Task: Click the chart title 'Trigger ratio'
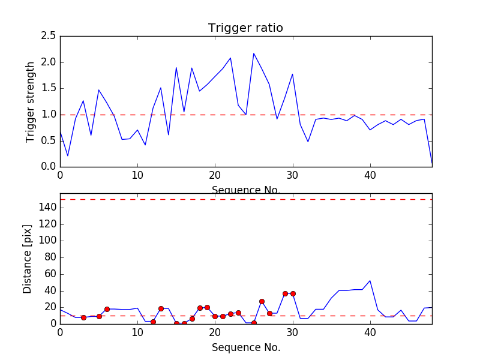(245, 28)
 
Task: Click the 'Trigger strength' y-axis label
(31, 101)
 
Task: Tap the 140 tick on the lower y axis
(46, 208)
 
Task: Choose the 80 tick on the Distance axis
(49, 257)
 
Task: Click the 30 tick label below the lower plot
(293, 333)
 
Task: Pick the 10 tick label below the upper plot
(137, 176)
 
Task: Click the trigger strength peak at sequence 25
(254, 53)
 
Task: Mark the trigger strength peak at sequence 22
(230, 58)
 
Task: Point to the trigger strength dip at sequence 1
(68, 156)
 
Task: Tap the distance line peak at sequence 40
(370, 280)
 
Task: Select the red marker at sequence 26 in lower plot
(262, 301)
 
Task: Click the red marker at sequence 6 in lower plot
(107, 309)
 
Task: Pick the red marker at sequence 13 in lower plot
(161, 308)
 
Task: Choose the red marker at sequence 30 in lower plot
(293, 293)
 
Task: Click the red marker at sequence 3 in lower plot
(83, 317)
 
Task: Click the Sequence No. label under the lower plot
(245, 347)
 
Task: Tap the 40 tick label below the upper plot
(370, 176)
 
